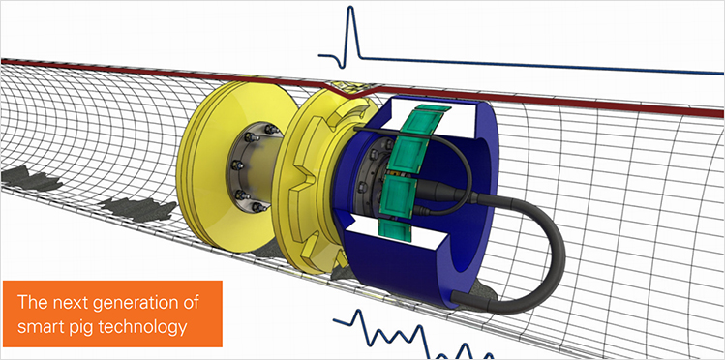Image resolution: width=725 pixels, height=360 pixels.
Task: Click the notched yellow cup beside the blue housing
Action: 308,184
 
